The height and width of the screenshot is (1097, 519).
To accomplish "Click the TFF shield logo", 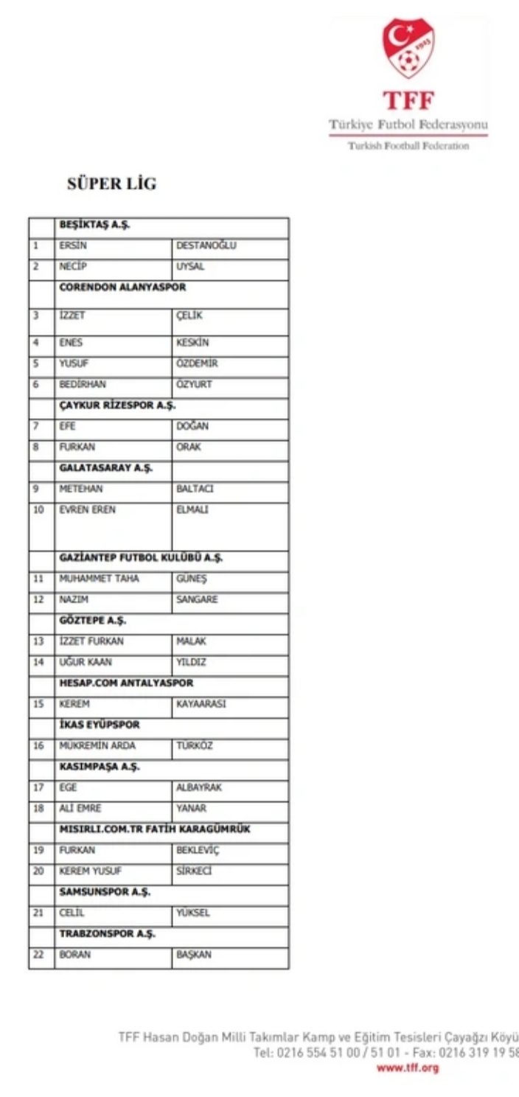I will tap(408, 49).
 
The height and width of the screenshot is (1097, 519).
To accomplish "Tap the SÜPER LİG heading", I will tap(112, 184).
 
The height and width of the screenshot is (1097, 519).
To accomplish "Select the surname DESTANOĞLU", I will tap(206, 246).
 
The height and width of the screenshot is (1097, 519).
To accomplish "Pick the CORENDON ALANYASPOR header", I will tap(122, 288).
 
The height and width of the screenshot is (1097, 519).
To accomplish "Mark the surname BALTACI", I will tap(195, 489).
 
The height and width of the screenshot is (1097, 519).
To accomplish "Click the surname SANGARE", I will tap(197, 599).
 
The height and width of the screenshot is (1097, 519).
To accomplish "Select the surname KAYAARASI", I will tap(201, 704).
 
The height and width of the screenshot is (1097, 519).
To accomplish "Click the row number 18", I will tap(38, 808).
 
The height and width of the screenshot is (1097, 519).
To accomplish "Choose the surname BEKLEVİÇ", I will tap(198, 850).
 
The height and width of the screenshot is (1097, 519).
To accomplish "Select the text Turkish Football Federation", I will tap(408, 146).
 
